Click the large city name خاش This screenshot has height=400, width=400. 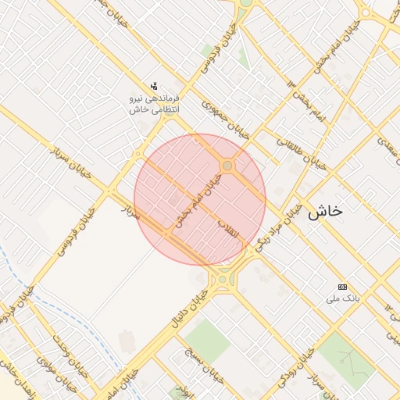pos(326,212)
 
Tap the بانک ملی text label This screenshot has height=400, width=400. pos(342,299)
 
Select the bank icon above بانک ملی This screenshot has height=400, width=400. pos(342,287)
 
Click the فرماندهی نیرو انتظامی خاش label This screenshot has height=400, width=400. pos(155,104)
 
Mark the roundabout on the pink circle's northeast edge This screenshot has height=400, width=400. pos(227,166)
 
